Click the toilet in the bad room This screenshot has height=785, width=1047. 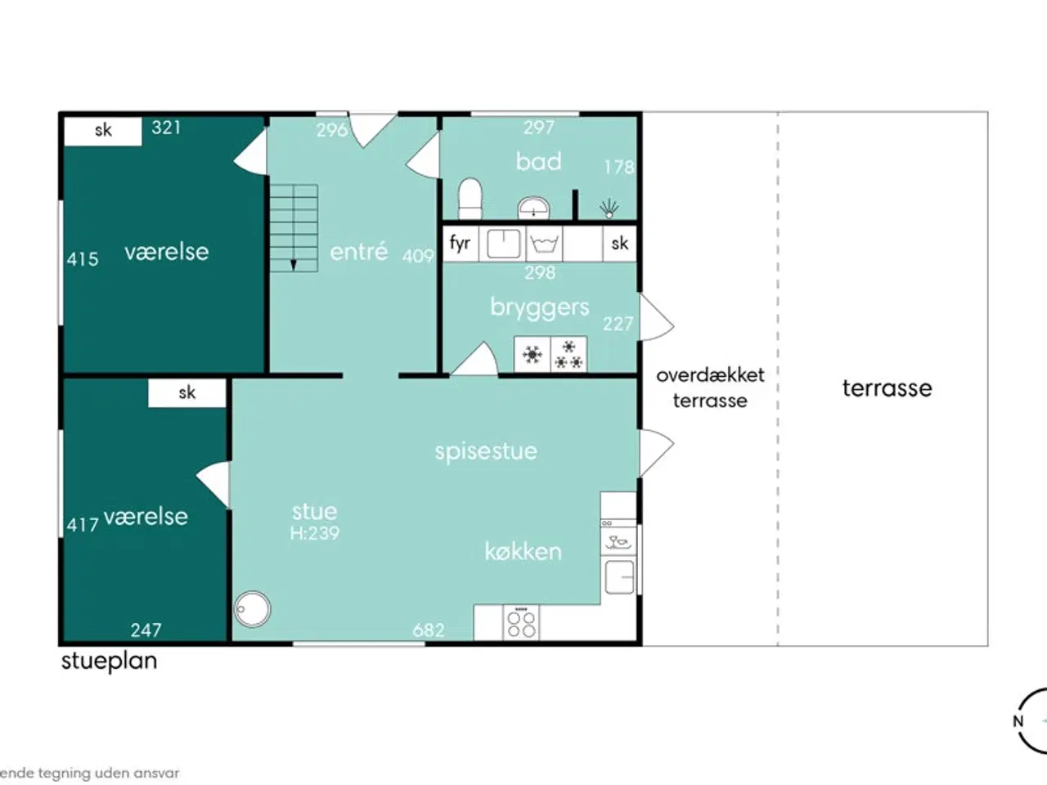(470, 199)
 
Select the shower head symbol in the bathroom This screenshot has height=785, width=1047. (609, 209)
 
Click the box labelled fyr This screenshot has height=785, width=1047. (461, 244)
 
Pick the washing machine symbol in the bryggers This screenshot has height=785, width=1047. (544, 244)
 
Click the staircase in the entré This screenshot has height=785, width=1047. (294, 228)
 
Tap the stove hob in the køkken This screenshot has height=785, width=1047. (521, 622)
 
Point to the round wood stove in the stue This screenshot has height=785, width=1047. (253, 609)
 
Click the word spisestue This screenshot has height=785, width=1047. (486, 451)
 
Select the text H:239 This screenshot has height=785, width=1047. (314, 533)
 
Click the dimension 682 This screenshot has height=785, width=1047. (429, 630)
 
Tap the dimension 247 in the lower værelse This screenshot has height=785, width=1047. (146, 630)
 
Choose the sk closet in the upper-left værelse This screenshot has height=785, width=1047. (103, 131)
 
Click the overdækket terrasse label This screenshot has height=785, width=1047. (710, 388)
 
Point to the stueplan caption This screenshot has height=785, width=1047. (109, 661)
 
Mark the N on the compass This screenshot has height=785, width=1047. (1018, 721)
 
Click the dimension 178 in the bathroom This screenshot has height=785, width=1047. (618, 167)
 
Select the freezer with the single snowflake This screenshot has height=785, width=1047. (532, 355)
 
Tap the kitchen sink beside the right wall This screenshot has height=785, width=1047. (619, 576)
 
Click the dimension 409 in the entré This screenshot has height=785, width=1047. (417, 256)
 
